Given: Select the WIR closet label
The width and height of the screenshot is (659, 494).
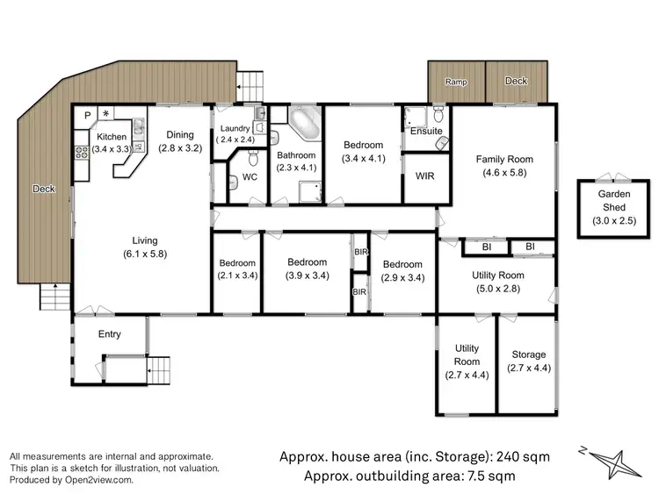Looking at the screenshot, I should pyautogui.click(x=424, y=175).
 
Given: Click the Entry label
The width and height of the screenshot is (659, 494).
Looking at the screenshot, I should pyautogui.click(x=109, y=333).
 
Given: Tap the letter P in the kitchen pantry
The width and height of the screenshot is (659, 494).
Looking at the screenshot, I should pyautogui.click(x=88, y=115).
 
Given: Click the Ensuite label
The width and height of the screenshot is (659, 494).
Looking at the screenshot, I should pyautogui.click(x=426, y=132).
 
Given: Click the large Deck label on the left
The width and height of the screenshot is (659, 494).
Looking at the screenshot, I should pyautogui.click(x=44, y=189).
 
